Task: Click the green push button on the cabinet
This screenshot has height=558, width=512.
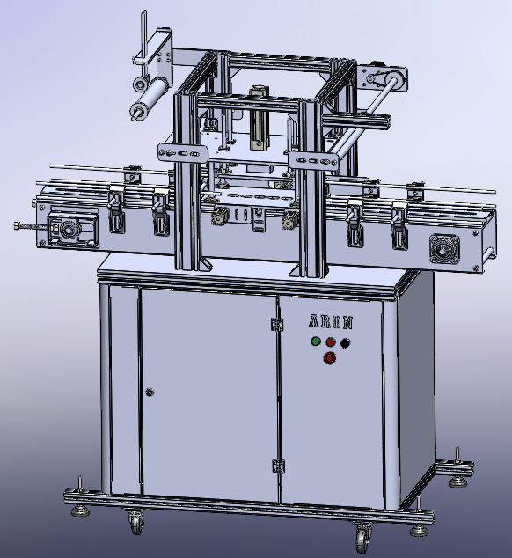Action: [x=315, y=341]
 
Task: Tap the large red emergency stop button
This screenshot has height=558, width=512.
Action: [x=330, y=358]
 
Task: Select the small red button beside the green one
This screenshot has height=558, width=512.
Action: [x=331, y=341]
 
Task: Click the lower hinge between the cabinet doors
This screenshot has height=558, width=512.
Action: [x=279, y=464]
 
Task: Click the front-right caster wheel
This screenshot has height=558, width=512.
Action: [x=362, y=533]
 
